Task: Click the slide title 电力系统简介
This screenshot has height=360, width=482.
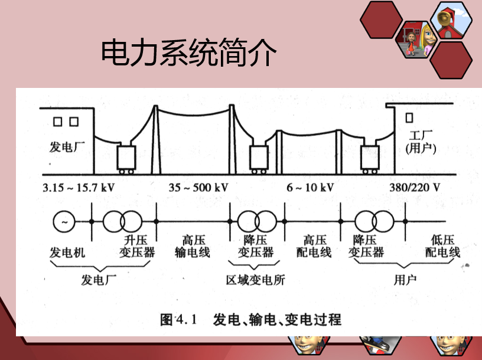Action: [x=189, y=52]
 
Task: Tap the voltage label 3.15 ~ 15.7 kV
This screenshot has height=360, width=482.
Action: [x=79, y=187]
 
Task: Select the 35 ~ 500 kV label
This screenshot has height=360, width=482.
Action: [x=198, y=187]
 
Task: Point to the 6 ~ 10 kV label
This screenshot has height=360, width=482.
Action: [x=310, y=187]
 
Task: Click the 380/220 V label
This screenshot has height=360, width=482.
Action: [x=415, y=187]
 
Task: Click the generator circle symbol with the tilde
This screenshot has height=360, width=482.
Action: [x=64, y=221]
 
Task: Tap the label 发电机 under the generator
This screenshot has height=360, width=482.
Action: [x=67, y=253]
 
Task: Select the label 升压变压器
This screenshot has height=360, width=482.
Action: [x=137, y=246]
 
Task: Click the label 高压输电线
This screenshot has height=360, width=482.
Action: [x=193, y=246]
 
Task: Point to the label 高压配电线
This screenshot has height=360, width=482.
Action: [x=314, y=246]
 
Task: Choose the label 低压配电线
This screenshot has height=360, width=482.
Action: [x=442, y=246]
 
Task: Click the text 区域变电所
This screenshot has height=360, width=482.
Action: [x=255, y=280]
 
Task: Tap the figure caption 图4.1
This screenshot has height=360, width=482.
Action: [x=178, y=319]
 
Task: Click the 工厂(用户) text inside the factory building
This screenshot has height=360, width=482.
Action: [x=421, y=142]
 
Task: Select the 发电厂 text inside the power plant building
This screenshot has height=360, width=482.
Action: [x=67, y=147]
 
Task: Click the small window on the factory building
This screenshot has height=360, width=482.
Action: [x=409, y=117]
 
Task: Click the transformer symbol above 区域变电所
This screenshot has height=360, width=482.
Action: [x=257, y=221]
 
